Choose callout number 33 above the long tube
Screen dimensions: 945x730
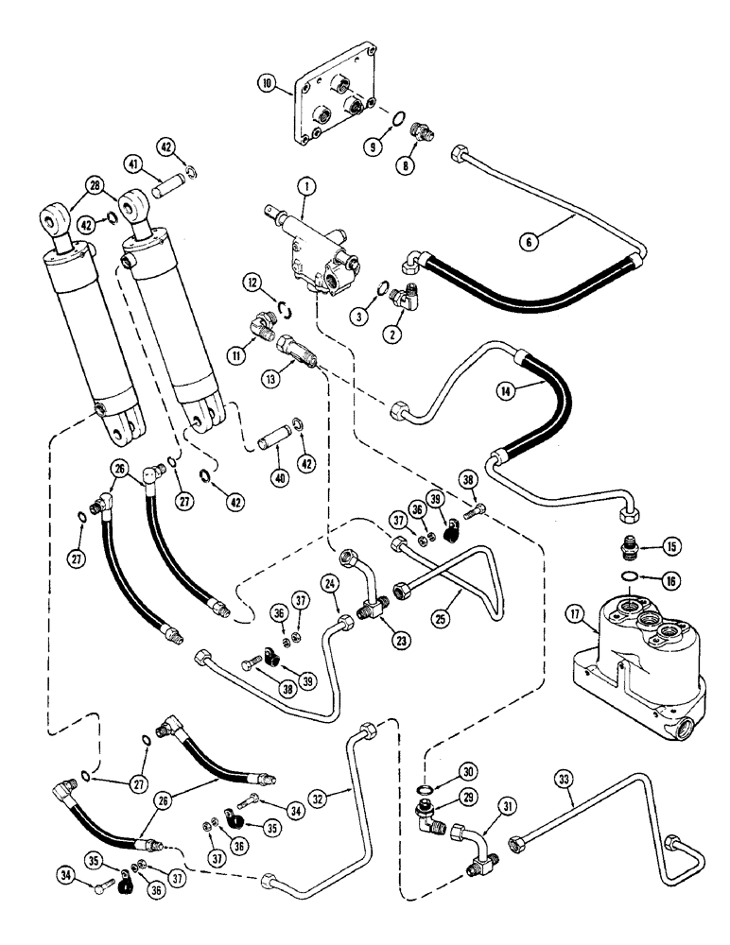click(564, 779)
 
